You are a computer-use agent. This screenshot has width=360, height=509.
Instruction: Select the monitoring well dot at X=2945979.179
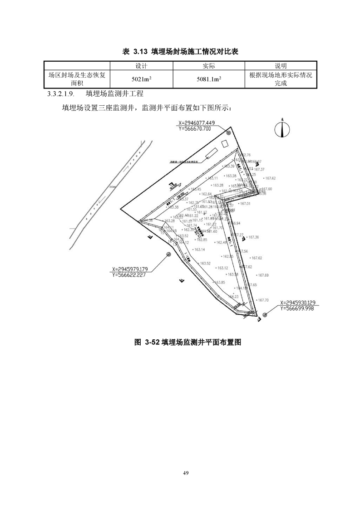(168, 255)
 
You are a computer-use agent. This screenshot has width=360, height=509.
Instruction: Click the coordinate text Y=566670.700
(195, 129)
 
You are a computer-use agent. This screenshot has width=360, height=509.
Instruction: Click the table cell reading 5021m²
(141, 79)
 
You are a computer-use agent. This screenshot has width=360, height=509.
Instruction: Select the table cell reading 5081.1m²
(209, 79)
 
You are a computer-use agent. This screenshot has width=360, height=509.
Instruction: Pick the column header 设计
(141, 66)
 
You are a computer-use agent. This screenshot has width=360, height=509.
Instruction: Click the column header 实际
(209, 66)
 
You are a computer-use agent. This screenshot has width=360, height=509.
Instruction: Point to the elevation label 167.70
(263, 300)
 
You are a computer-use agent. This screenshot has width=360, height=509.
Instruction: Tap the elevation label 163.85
(220, 282)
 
